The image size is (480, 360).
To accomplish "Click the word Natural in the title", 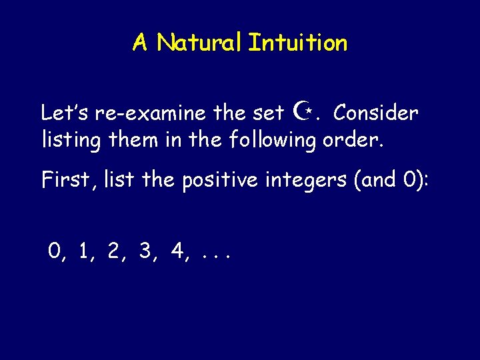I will pos(200,43).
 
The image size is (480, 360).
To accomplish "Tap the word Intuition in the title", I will pos(298,43).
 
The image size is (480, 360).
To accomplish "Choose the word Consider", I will pos(376,113).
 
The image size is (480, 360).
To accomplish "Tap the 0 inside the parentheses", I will pos(413,180).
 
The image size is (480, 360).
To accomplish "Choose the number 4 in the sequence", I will pos(176,251).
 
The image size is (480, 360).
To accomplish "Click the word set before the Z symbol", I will pos(269,113).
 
